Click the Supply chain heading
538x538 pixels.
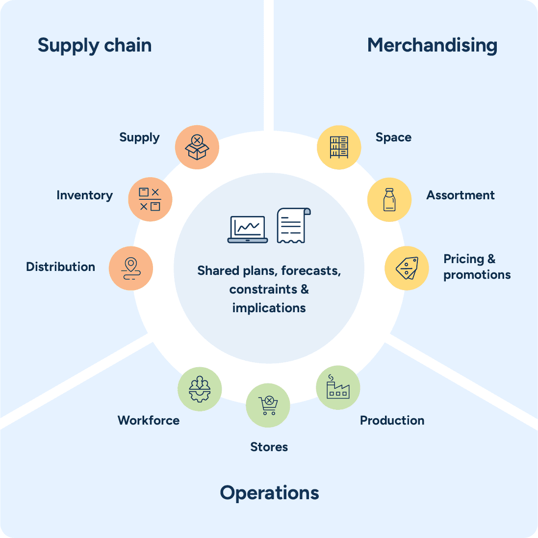94,46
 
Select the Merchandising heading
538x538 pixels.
432,46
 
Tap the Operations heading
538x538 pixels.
269,493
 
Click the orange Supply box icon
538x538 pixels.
197,147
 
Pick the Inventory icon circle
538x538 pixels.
150,199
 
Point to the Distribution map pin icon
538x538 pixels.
131,269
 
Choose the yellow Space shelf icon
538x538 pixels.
339,147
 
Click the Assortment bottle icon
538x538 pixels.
389,199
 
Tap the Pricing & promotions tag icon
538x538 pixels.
407,268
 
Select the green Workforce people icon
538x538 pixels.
200,389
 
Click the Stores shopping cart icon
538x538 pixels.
268,405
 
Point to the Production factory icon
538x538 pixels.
338,388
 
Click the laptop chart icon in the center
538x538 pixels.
247,229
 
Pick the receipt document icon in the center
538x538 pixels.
294,225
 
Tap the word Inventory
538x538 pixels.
84,195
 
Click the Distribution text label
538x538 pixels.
60,267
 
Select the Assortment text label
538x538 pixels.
461,195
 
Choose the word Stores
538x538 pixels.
269,447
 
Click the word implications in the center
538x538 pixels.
269,308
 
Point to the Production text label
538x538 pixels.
392,421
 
